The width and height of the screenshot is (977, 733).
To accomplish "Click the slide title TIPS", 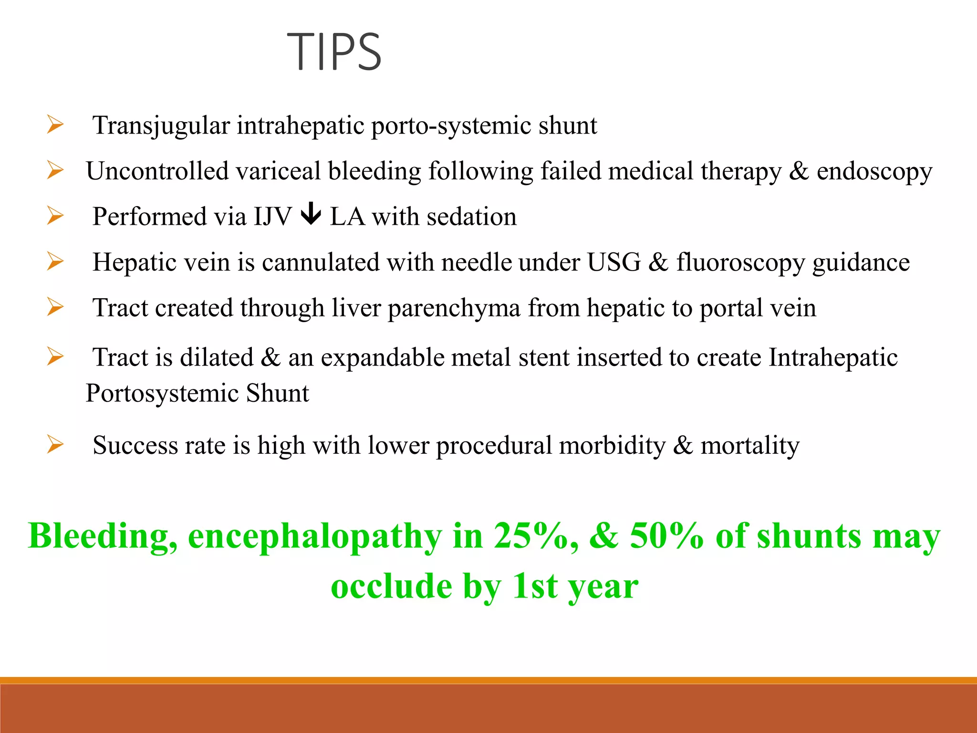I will pos(334,52).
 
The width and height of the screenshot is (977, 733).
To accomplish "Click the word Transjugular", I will pos(161,126).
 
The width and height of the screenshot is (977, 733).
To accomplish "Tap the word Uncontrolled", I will pos(157,171).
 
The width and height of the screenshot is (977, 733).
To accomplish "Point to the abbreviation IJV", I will pos(272,217).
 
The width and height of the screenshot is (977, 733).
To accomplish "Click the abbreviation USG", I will pos(613,262).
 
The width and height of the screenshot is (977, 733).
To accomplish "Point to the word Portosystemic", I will pos(162,394).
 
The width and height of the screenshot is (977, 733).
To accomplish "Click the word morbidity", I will pos(612,446).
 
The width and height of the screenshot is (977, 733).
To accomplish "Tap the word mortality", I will pos(749,446).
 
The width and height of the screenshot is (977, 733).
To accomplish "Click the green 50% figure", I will pos(666,536).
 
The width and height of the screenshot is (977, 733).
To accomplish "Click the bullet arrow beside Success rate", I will pos(55,445).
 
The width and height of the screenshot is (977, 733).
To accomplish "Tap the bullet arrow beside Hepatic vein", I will pos(55,262).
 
